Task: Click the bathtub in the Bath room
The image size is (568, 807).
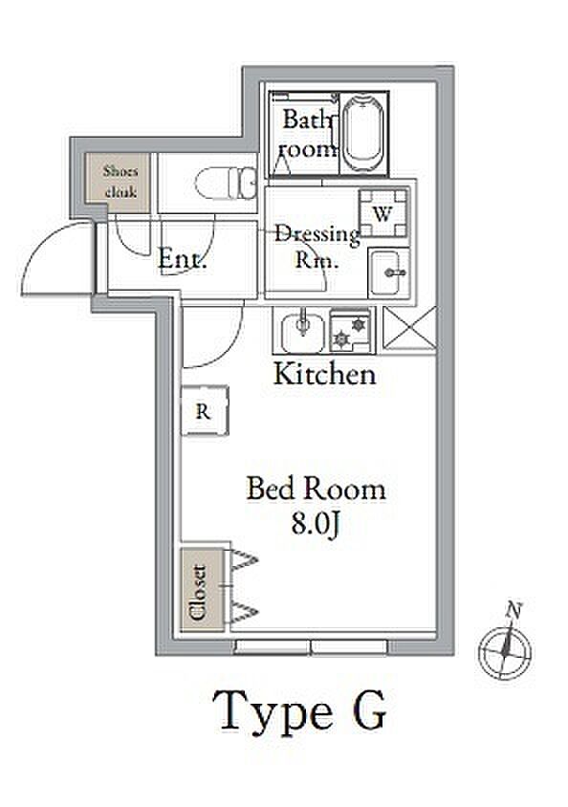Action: click(363, 133)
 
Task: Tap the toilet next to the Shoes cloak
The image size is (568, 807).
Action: click(226, 184)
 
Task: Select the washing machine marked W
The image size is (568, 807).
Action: click(383, 212)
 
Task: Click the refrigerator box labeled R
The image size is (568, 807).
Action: click(205, 411)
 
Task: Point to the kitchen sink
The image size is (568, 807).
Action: click(303, 332)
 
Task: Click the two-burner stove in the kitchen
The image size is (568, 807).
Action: click(350, 331)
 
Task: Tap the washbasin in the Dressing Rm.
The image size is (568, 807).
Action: click(389, 273)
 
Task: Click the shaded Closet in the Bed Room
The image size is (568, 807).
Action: click(202, 589)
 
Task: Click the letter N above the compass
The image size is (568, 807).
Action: click(513, 610)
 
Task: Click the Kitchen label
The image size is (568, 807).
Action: click(325, 374)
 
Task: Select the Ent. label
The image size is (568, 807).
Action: click(182, 258)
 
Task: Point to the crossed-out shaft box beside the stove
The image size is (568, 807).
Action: click(410, 328)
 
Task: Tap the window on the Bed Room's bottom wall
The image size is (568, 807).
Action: click(312, 647)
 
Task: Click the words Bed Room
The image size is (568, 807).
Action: click(316, 489)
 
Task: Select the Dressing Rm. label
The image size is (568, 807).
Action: click(317, 248)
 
